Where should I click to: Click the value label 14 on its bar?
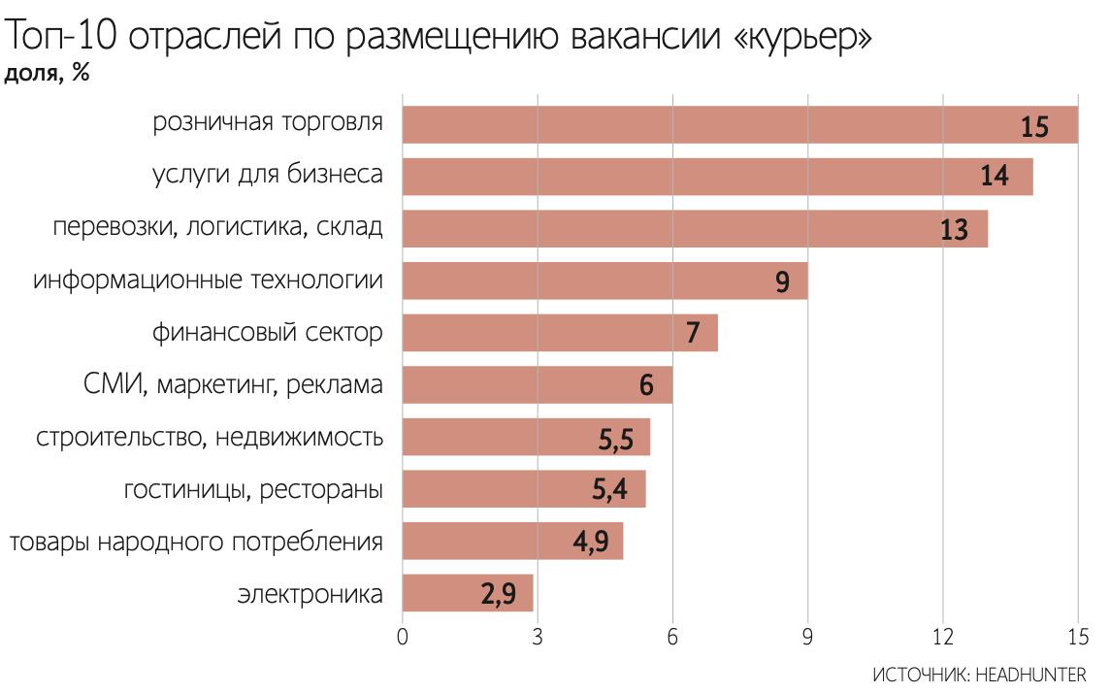[x=994, y=177]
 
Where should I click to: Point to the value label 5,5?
[x=615, y=440]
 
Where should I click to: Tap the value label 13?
[x=954, y=230]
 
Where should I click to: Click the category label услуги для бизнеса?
[x=267, y=176]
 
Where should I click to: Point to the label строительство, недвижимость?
[x=210, y=438]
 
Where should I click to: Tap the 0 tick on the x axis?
[x=403, y=638]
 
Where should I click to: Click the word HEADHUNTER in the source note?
[x=1030, y=673]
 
